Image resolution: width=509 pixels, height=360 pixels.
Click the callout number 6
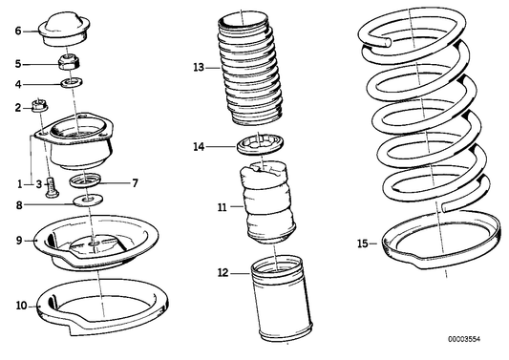tap(18, 31)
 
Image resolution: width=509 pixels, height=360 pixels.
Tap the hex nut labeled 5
tap(69, 62)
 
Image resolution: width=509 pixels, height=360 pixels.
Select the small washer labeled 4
tap(72, 82)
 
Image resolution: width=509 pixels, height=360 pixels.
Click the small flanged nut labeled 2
tap(40, 105)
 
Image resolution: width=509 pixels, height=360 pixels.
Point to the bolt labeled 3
tap(52, 187)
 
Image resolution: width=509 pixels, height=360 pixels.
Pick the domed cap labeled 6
tap(64, 29)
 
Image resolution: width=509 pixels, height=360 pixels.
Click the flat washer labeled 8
tap(88, 200)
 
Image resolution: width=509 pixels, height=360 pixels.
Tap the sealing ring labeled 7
tap(85, 180)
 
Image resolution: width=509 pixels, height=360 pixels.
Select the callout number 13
tap(199, 68)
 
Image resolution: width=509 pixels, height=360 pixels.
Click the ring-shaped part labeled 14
tap(261, 144)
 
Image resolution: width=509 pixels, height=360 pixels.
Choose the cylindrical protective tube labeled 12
tap(281, 297)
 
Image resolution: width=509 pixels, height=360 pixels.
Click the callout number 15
tap(363, 244)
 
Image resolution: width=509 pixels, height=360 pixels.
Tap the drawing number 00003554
tap(464, 339)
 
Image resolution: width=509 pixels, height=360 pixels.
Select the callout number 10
tap(21, 306)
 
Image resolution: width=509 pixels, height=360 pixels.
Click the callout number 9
tap(19, 241)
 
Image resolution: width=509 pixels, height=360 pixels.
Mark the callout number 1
tap(20, 184)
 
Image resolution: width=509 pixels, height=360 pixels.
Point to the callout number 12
tap(223, 273)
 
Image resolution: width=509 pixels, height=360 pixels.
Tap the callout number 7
tap(135, 183)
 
